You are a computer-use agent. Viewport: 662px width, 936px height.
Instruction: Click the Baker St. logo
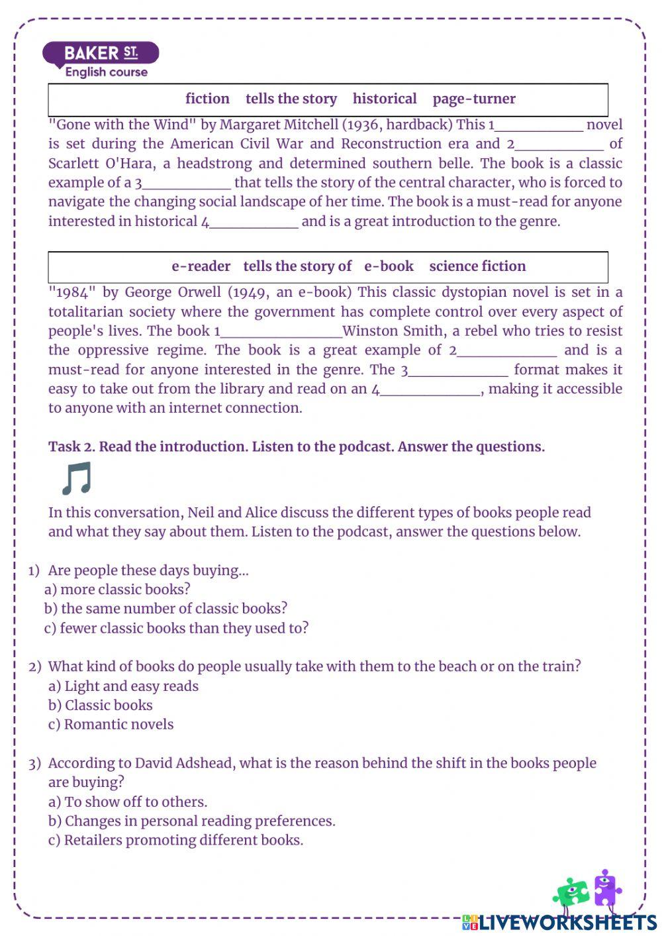[101, 60]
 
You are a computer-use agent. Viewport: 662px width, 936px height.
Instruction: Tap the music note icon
[76, 479]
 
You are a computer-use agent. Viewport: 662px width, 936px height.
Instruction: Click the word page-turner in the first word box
[474, 99]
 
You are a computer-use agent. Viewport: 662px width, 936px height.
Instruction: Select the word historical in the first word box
[385, 99]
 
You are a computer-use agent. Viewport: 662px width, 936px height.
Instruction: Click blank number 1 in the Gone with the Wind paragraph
[539, 125]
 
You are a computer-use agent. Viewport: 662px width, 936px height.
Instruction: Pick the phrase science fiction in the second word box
[477, 266]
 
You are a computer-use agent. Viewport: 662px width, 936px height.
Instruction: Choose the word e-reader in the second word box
[201, 266]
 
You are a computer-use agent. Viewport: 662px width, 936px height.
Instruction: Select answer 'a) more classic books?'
[117, 589]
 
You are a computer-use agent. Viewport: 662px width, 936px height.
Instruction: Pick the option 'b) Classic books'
[100, 705]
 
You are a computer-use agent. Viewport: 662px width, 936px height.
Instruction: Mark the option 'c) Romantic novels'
[111, 724]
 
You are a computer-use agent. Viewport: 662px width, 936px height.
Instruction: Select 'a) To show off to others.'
[128, 802]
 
